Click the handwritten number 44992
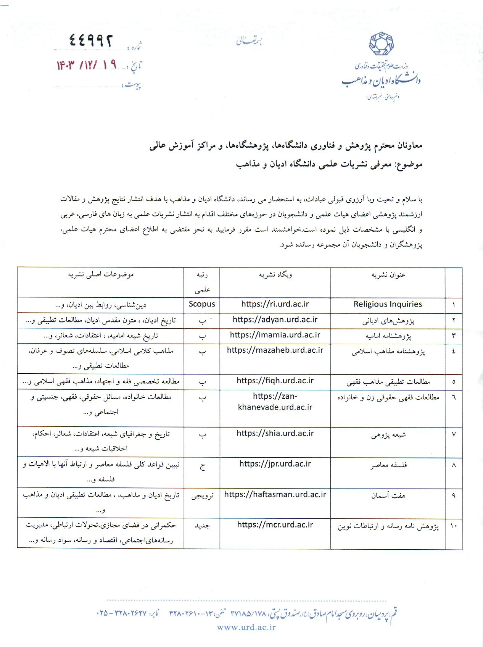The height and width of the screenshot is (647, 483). click(91, 40)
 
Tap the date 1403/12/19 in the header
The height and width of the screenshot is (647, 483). click(87, 65)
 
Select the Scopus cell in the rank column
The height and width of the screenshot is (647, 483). click(202, 304)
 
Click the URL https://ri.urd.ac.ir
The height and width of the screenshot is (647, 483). click(275, 304)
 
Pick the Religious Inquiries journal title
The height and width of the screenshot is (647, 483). click(388, 304)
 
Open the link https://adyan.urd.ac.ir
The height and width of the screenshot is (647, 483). click(275, 320)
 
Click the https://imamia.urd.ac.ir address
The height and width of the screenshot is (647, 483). click(275, 335)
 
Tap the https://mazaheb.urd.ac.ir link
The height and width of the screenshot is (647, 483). click(275, 350)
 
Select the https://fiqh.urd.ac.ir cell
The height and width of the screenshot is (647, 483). click(275, 381)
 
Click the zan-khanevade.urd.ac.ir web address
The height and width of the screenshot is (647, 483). click(275, 402)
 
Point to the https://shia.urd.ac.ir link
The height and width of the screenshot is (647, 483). click(275, 434)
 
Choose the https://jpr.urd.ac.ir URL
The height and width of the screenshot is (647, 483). click(275, 464)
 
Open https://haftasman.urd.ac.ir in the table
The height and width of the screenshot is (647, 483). click(275, 495)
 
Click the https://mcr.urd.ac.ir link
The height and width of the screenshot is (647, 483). click(275, 525)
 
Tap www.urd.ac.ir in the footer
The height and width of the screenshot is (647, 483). click(246, 627)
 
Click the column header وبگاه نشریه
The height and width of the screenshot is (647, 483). click(275, 275)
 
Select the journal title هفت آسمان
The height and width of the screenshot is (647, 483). click(388, 495)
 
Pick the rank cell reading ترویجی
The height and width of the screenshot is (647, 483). click(202, 496)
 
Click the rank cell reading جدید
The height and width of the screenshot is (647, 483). click(202, 526)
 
